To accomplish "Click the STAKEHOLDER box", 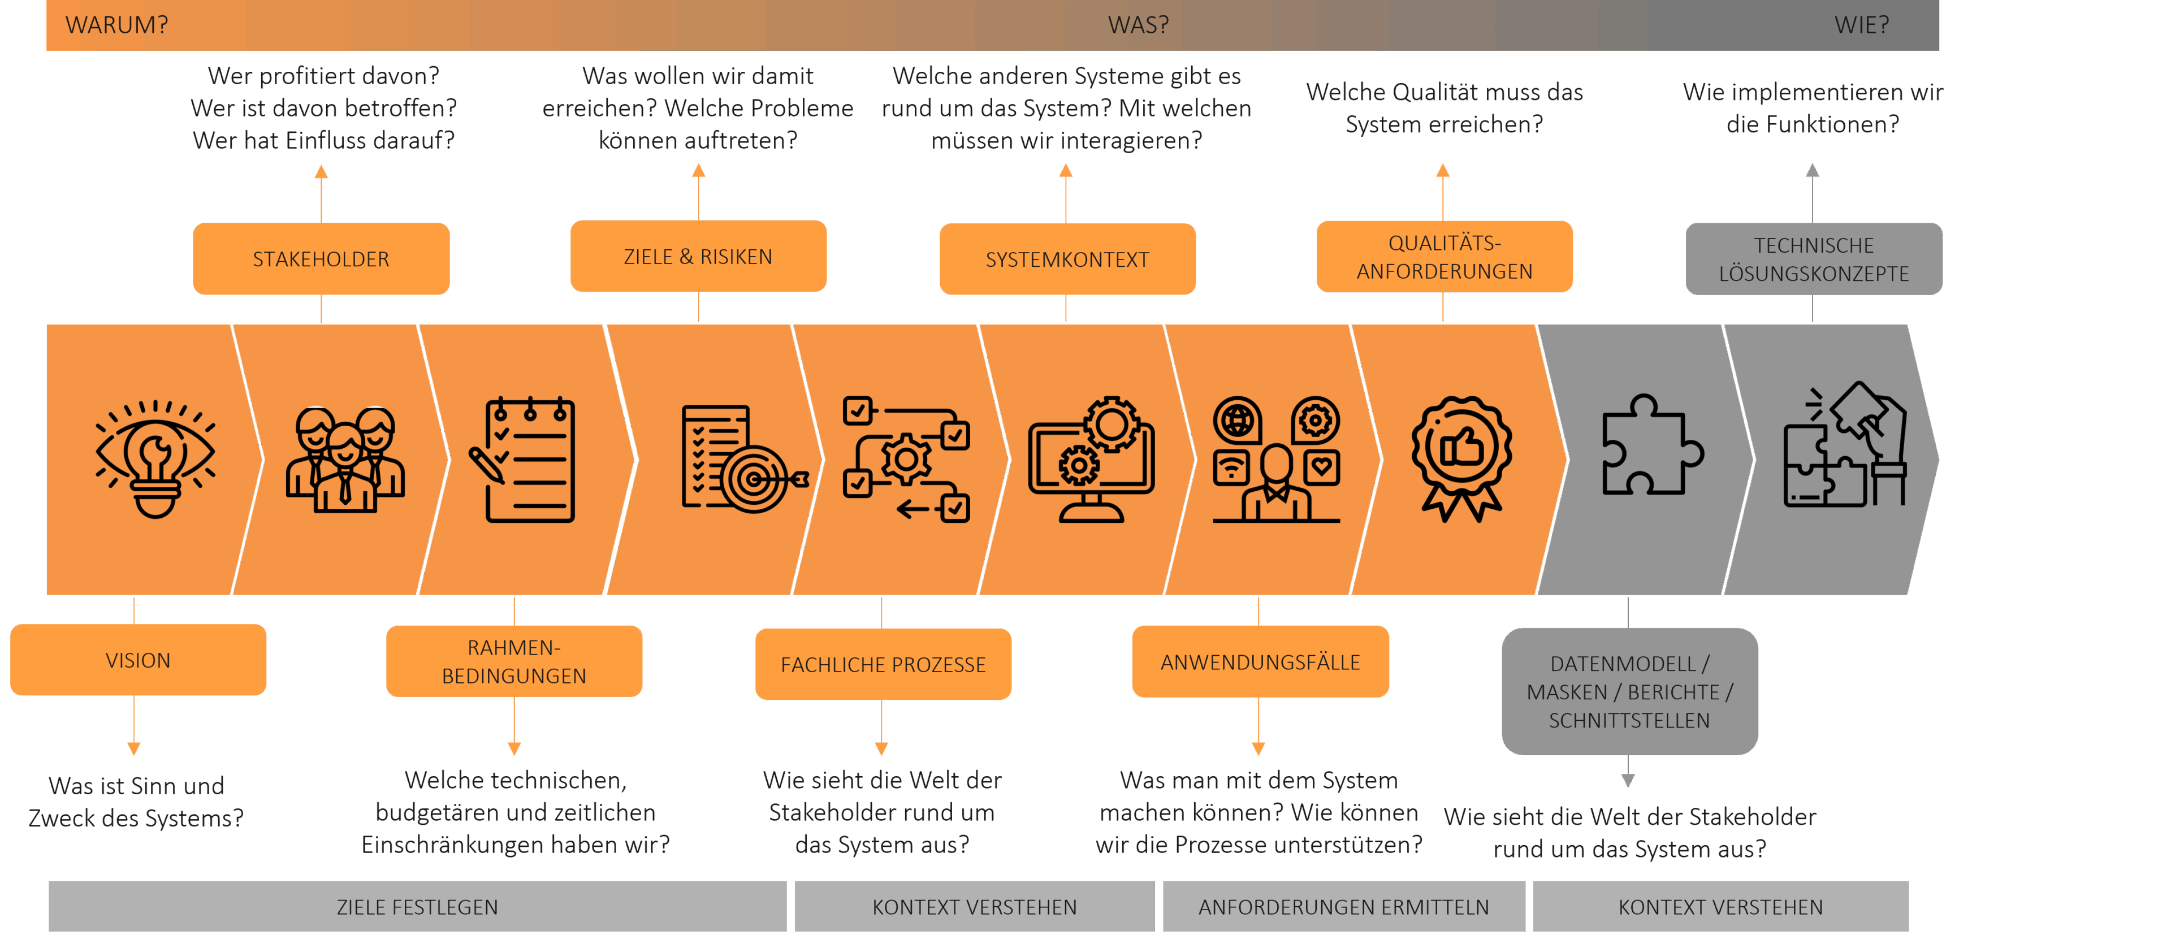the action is (321, 258).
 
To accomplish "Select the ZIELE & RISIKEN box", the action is (698, 256).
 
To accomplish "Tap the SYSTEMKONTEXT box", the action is (1067, 258).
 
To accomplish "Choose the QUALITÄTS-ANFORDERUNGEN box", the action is (1445, 257).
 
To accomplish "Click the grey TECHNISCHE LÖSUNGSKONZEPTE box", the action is (1814, 258).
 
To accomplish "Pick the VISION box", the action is (138, 660).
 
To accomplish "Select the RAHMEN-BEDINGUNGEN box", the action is (514, 661).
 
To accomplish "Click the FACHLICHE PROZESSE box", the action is (883, 664).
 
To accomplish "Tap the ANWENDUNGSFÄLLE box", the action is (1260, 661).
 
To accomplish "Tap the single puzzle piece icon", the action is (1652, 445).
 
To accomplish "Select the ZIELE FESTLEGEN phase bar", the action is (417, 906).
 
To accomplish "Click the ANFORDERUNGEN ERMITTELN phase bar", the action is (1343, 906).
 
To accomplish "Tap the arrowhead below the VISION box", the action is (134, 748).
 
